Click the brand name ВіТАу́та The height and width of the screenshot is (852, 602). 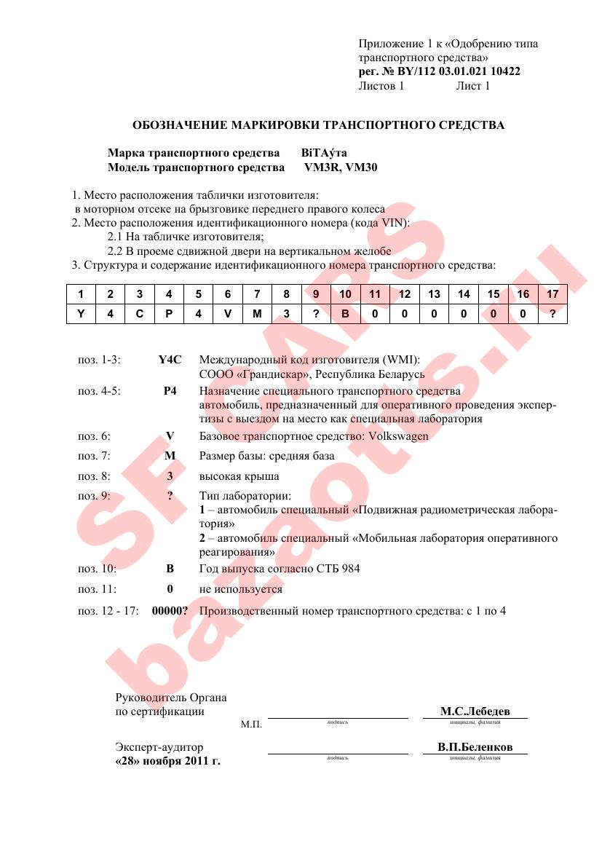tap(324, 154)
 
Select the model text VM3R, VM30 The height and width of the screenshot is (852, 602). tap(341, 167)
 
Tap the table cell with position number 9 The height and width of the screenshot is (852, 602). tap(316, 294)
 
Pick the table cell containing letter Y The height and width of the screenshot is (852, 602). tap(81, 314)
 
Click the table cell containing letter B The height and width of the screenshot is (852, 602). tap(346, 314)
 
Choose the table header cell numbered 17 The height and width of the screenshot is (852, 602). tap(552, 294)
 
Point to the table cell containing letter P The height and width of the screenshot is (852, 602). tap(169, 314)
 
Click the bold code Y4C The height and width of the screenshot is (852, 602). tap(169, 360)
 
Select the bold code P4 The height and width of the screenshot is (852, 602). tap(170, 391)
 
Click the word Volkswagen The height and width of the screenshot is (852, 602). tap(399, 436)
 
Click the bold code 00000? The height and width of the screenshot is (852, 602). tap(170, 611)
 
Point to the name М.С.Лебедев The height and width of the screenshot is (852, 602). tap(475, 711)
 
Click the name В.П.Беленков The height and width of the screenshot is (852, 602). tap(475, 747)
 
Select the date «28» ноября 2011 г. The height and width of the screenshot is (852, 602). tap(168, 761)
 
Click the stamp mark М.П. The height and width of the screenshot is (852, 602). tap(251, 725)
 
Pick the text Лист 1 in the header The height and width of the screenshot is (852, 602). tap(472, 86)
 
